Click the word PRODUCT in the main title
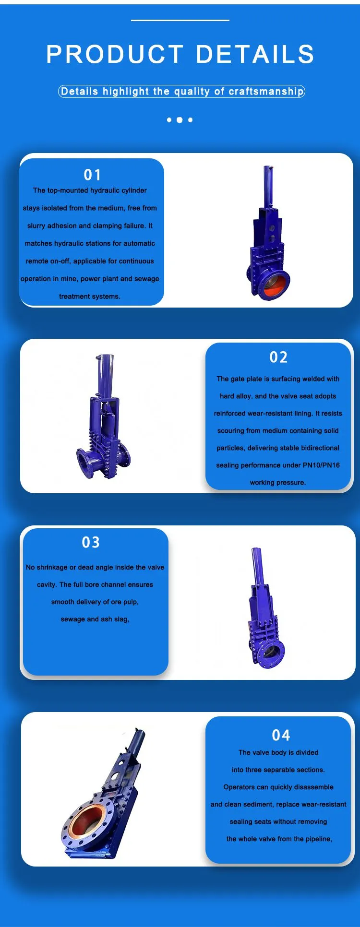pyautogui.click(x=115, y=54)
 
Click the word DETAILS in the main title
pyautogui.click(x=255, y=54)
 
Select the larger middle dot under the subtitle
pyautogui.click(x=180, y=120)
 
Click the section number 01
pyautogui.click(x=92, y=175)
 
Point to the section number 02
pyautogui.click(x=278, y=357)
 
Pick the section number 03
pyautogui.click(x=91, y=542)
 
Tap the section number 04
pyautogui.click(x=281, y=735)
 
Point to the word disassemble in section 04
pyautogui.click(x=314, y=787)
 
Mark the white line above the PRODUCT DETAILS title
pyautogui.click(x=180, y=20)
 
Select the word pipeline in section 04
pyautogui.click(x=317, y=839)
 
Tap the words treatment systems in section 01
pyautogui.click(x=90, y=297)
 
